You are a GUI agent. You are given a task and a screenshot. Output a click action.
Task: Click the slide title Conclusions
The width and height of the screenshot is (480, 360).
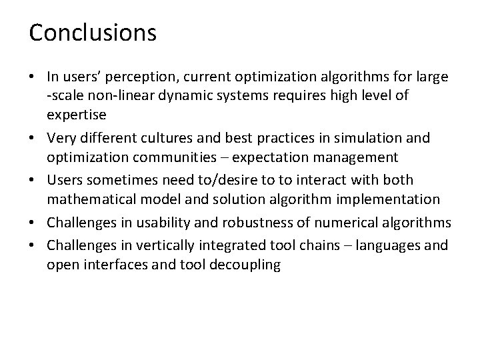93,33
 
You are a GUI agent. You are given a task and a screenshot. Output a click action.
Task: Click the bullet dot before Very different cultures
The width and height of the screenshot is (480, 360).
33,138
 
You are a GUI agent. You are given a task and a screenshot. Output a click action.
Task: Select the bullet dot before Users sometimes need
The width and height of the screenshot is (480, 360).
33,181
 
